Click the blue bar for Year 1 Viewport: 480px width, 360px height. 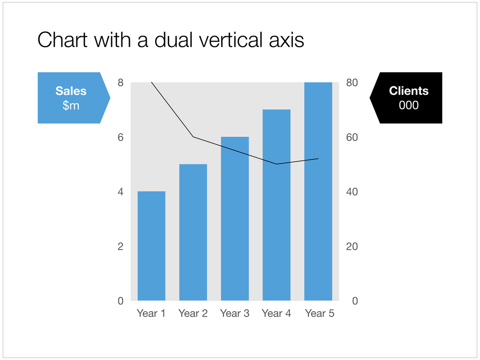pos(151,246)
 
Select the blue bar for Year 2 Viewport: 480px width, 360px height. pos(193,232)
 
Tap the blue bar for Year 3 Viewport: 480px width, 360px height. pos(235,218)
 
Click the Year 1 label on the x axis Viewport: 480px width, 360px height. pos(151,313)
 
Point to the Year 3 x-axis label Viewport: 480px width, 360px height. pos(235,313)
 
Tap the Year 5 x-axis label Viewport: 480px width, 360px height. pos(320,313)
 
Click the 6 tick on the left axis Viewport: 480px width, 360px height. pos(120,137)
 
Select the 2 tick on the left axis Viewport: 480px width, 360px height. pos(120,247)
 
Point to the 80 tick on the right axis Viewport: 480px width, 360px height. pos(352,83)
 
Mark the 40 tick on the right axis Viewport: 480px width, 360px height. pos(352,192)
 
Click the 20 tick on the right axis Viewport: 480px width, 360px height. pos(352,247)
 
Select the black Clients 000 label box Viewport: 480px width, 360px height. pos(407,98)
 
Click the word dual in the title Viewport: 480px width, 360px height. pos(172,40)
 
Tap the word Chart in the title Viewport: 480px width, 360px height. pos(63,40)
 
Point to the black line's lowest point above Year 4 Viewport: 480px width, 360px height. pos(277,164)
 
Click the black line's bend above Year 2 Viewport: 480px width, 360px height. pos(193,137)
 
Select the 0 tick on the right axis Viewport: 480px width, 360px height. pos(355,301)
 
